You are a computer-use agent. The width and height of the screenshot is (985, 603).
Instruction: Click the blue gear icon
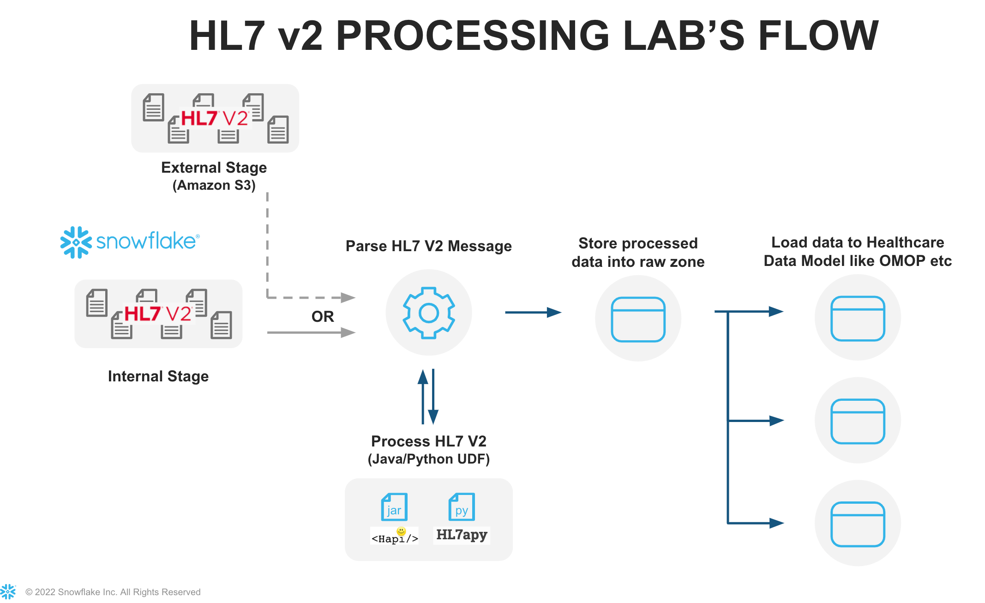click(429, 313)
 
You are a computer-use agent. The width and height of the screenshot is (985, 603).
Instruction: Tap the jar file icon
click(394, 507)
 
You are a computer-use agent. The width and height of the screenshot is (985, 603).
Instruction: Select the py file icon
click(462, 507)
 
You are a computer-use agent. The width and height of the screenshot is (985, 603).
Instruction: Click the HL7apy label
click(462, 535)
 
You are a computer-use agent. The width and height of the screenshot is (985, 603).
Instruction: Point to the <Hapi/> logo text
click(395, 537)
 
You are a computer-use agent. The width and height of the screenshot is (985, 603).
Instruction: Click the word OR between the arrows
click(323, 317)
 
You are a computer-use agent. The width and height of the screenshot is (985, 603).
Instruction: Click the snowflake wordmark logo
click(130, 241)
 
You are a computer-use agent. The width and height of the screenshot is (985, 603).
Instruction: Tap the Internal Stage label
click(158, 376)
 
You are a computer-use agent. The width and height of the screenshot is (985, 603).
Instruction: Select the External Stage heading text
click(214, 167)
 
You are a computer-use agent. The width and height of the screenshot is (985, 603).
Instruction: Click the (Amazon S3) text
click(214, 185)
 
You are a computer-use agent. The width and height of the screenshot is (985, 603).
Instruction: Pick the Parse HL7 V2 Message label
click(428, 246)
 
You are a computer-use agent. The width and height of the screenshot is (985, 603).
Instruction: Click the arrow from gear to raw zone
click(533, 313)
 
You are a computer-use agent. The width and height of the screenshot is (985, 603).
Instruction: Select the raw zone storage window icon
click(638, 319)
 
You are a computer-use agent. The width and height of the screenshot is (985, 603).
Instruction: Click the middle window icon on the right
click(858, 421)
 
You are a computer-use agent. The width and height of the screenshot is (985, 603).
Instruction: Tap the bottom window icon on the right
click(858, 524)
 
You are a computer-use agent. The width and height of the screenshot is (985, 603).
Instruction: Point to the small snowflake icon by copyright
click(8, 591)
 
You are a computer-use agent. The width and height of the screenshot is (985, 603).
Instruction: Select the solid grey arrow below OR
click(311, 332)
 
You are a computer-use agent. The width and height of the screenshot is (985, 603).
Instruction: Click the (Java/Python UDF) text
click(428, 459)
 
